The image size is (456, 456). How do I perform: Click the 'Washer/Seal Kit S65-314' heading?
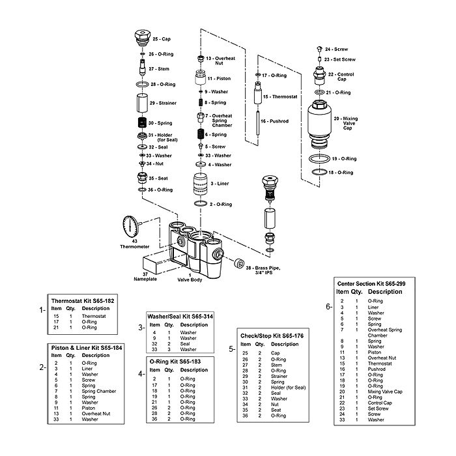[x=181, y=316]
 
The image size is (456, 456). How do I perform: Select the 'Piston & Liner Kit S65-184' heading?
[x=87, y=347]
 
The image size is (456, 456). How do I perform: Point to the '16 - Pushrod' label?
[x=274, y=121]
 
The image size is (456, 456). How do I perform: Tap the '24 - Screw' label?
[x=336, y=49]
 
